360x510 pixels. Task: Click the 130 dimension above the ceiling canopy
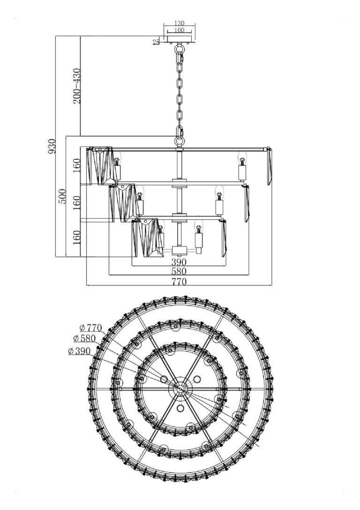(179, 23)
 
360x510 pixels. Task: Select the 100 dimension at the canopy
(179, 30)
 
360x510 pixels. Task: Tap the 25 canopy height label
(156, 42)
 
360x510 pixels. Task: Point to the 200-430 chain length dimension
(77, 86)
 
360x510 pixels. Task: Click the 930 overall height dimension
(52, 146)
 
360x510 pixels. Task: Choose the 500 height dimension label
(62, 196)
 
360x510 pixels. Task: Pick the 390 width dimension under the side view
(179, 262)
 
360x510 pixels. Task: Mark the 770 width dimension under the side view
(179, 281)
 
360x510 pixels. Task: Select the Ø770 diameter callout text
(90, 328)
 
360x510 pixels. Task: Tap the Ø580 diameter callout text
(84, 338)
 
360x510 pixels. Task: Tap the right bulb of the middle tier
(219, 193)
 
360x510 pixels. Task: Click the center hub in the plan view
(179, 388)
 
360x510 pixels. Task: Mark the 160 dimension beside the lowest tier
(77, 238)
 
